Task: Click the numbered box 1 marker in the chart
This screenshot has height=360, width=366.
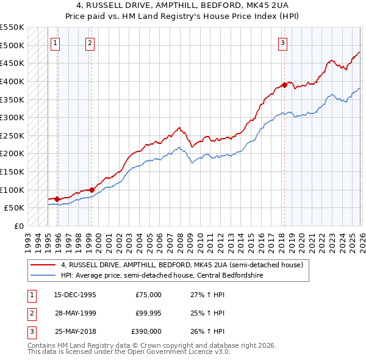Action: tap(56, 43)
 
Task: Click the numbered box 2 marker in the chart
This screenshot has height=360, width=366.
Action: tap(90, 43)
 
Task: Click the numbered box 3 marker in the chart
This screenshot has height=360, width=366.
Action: tap(283, 43)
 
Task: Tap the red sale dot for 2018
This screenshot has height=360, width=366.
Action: tap(284, 85)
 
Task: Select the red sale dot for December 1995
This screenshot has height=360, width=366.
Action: tap(57, 199)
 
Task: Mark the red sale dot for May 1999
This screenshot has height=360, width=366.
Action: tap(91, 190)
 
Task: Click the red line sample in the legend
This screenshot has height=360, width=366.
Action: tap(43, 265)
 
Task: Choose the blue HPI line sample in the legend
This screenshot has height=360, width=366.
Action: tap(43, 275)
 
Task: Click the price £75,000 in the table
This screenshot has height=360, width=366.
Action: tap(148, 295)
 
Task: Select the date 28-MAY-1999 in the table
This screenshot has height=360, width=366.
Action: tap(75, 314)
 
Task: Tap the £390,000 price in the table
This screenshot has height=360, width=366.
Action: tap(147, 332)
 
